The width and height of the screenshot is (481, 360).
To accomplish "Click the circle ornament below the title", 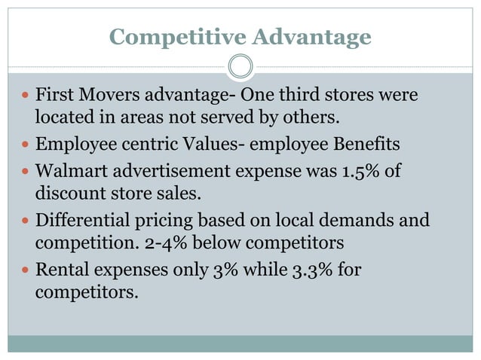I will pos(240,67).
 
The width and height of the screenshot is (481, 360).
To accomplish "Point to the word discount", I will pos(70,194).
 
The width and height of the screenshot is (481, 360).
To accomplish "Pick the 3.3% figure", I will pos(311,269).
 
